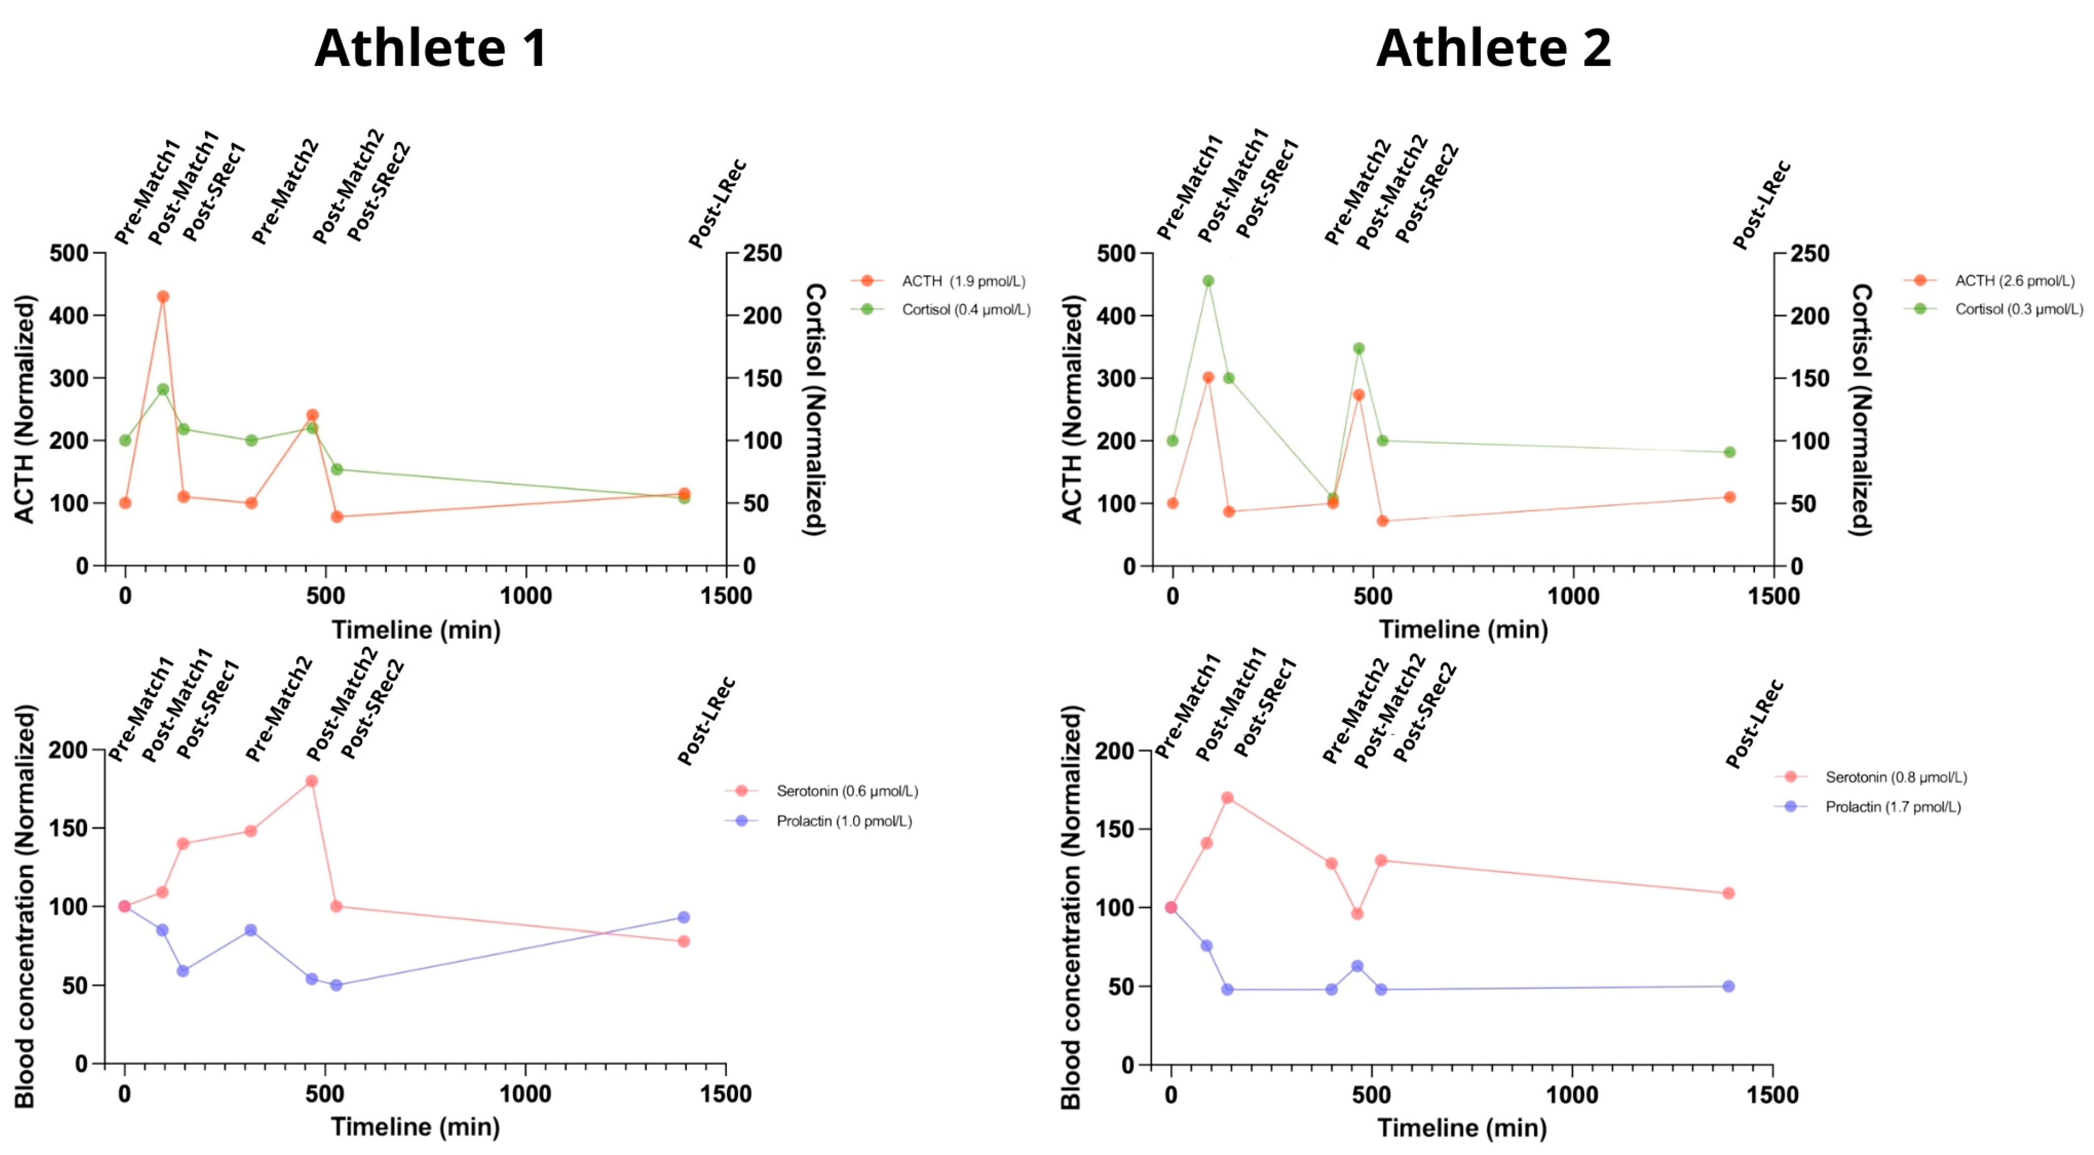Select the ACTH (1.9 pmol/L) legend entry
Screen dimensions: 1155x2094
coord(963,281)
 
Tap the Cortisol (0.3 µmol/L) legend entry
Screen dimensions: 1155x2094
coord(2018,309)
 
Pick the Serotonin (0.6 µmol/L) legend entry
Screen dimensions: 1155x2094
coord(846,791)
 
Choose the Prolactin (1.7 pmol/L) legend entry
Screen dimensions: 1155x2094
coord(1892,807)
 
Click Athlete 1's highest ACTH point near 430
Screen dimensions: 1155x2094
coord(163,297)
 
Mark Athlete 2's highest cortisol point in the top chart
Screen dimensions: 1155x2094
coord(1208,281)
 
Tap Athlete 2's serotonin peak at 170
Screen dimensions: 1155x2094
coord(1227,797)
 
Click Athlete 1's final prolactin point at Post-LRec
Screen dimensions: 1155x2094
coord(684,918)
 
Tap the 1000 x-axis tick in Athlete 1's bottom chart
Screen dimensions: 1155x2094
coord(525,1094)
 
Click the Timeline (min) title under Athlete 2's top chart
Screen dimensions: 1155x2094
coord(1463,629)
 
